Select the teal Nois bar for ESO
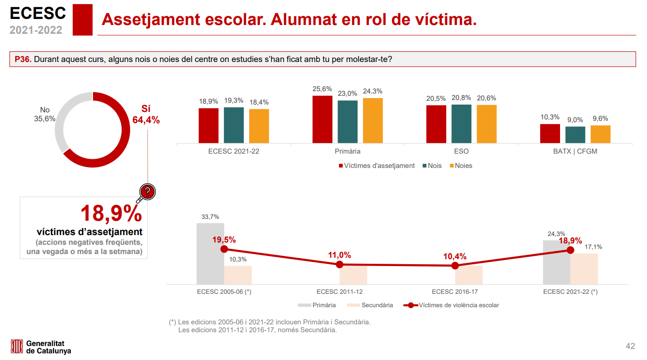461,124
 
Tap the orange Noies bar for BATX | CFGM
600,134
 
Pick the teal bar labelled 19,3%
234,125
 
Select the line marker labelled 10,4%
455,266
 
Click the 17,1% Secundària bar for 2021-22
584,269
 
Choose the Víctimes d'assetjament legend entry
376,166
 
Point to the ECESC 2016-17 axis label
455,292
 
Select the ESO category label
461,151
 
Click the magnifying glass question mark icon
147,192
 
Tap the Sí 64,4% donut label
146,115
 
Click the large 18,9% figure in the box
111,213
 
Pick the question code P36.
23,59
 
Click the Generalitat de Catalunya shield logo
17,347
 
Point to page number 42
630,346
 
